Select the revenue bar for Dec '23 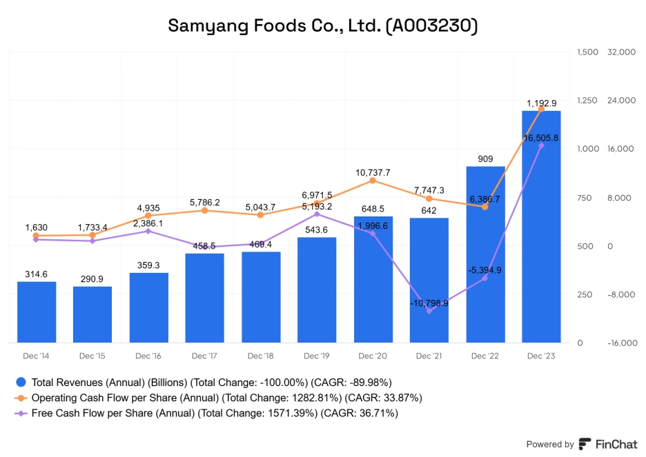click(x=541, y=227)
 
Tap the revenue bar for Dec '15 click(x=92, y=315)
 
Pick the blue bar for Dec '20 click(x=373, y=280)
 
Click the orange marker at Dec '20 click(x=373, y=181)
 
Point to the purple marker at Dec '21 click(x=429, y=312)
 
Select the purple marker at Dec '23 click(x=541, y=145)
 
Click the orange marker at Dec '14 click(x=36, y=236)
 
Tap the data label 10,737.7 click(x=373, y=172)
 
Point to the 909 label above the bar click(x=485, y=159)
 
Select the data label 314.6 click(x=36, y=274)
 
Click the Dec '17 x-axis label click(x=204, y=356)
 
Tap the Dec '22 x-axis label click(x=485, y=356)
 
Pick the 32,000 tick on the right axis click(x=620, y=52)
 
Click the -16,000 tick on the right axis click(x=620, y=343)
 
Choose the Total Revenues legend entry click(x=204, y=382)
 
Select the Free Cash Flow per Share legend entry click(x=214, y=414)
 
